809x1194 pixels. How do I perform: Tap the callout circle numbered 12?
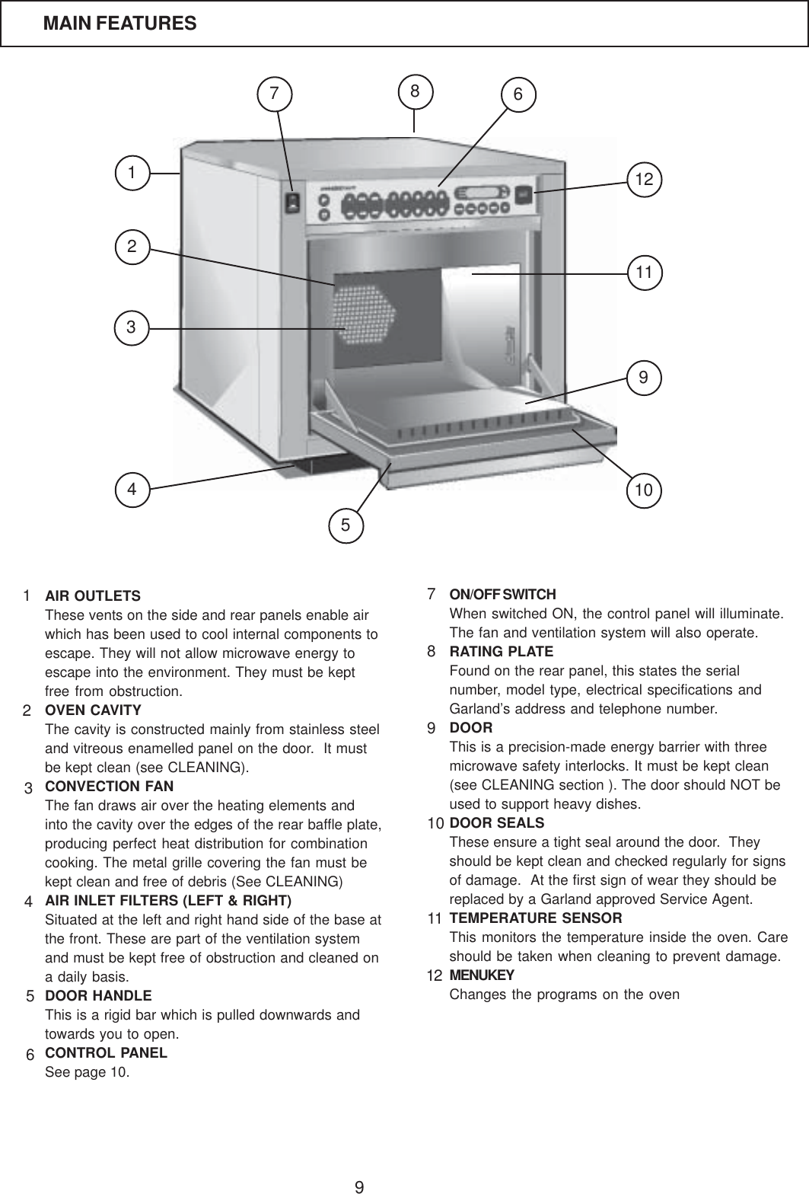645,180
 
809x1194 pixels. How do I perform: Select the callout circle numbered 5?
346,524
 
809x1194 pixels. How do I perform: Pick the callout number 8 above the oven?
415,91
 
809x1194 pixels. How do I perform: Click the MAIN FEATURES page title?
119,24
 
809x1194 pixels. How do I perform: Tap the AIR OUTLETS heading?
93,595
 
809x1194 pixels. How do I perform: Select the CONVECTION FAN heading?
110,786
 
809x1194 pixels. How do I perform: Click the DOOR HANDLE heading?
98,996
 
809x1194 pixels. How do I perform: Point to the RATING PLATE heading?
502,652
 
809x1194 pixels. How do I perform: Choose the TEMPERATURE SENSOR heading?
536,918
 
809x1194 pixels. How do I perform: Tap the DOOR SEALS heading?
497,823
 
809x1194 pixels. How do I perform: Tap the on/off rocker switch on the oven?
291,203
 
